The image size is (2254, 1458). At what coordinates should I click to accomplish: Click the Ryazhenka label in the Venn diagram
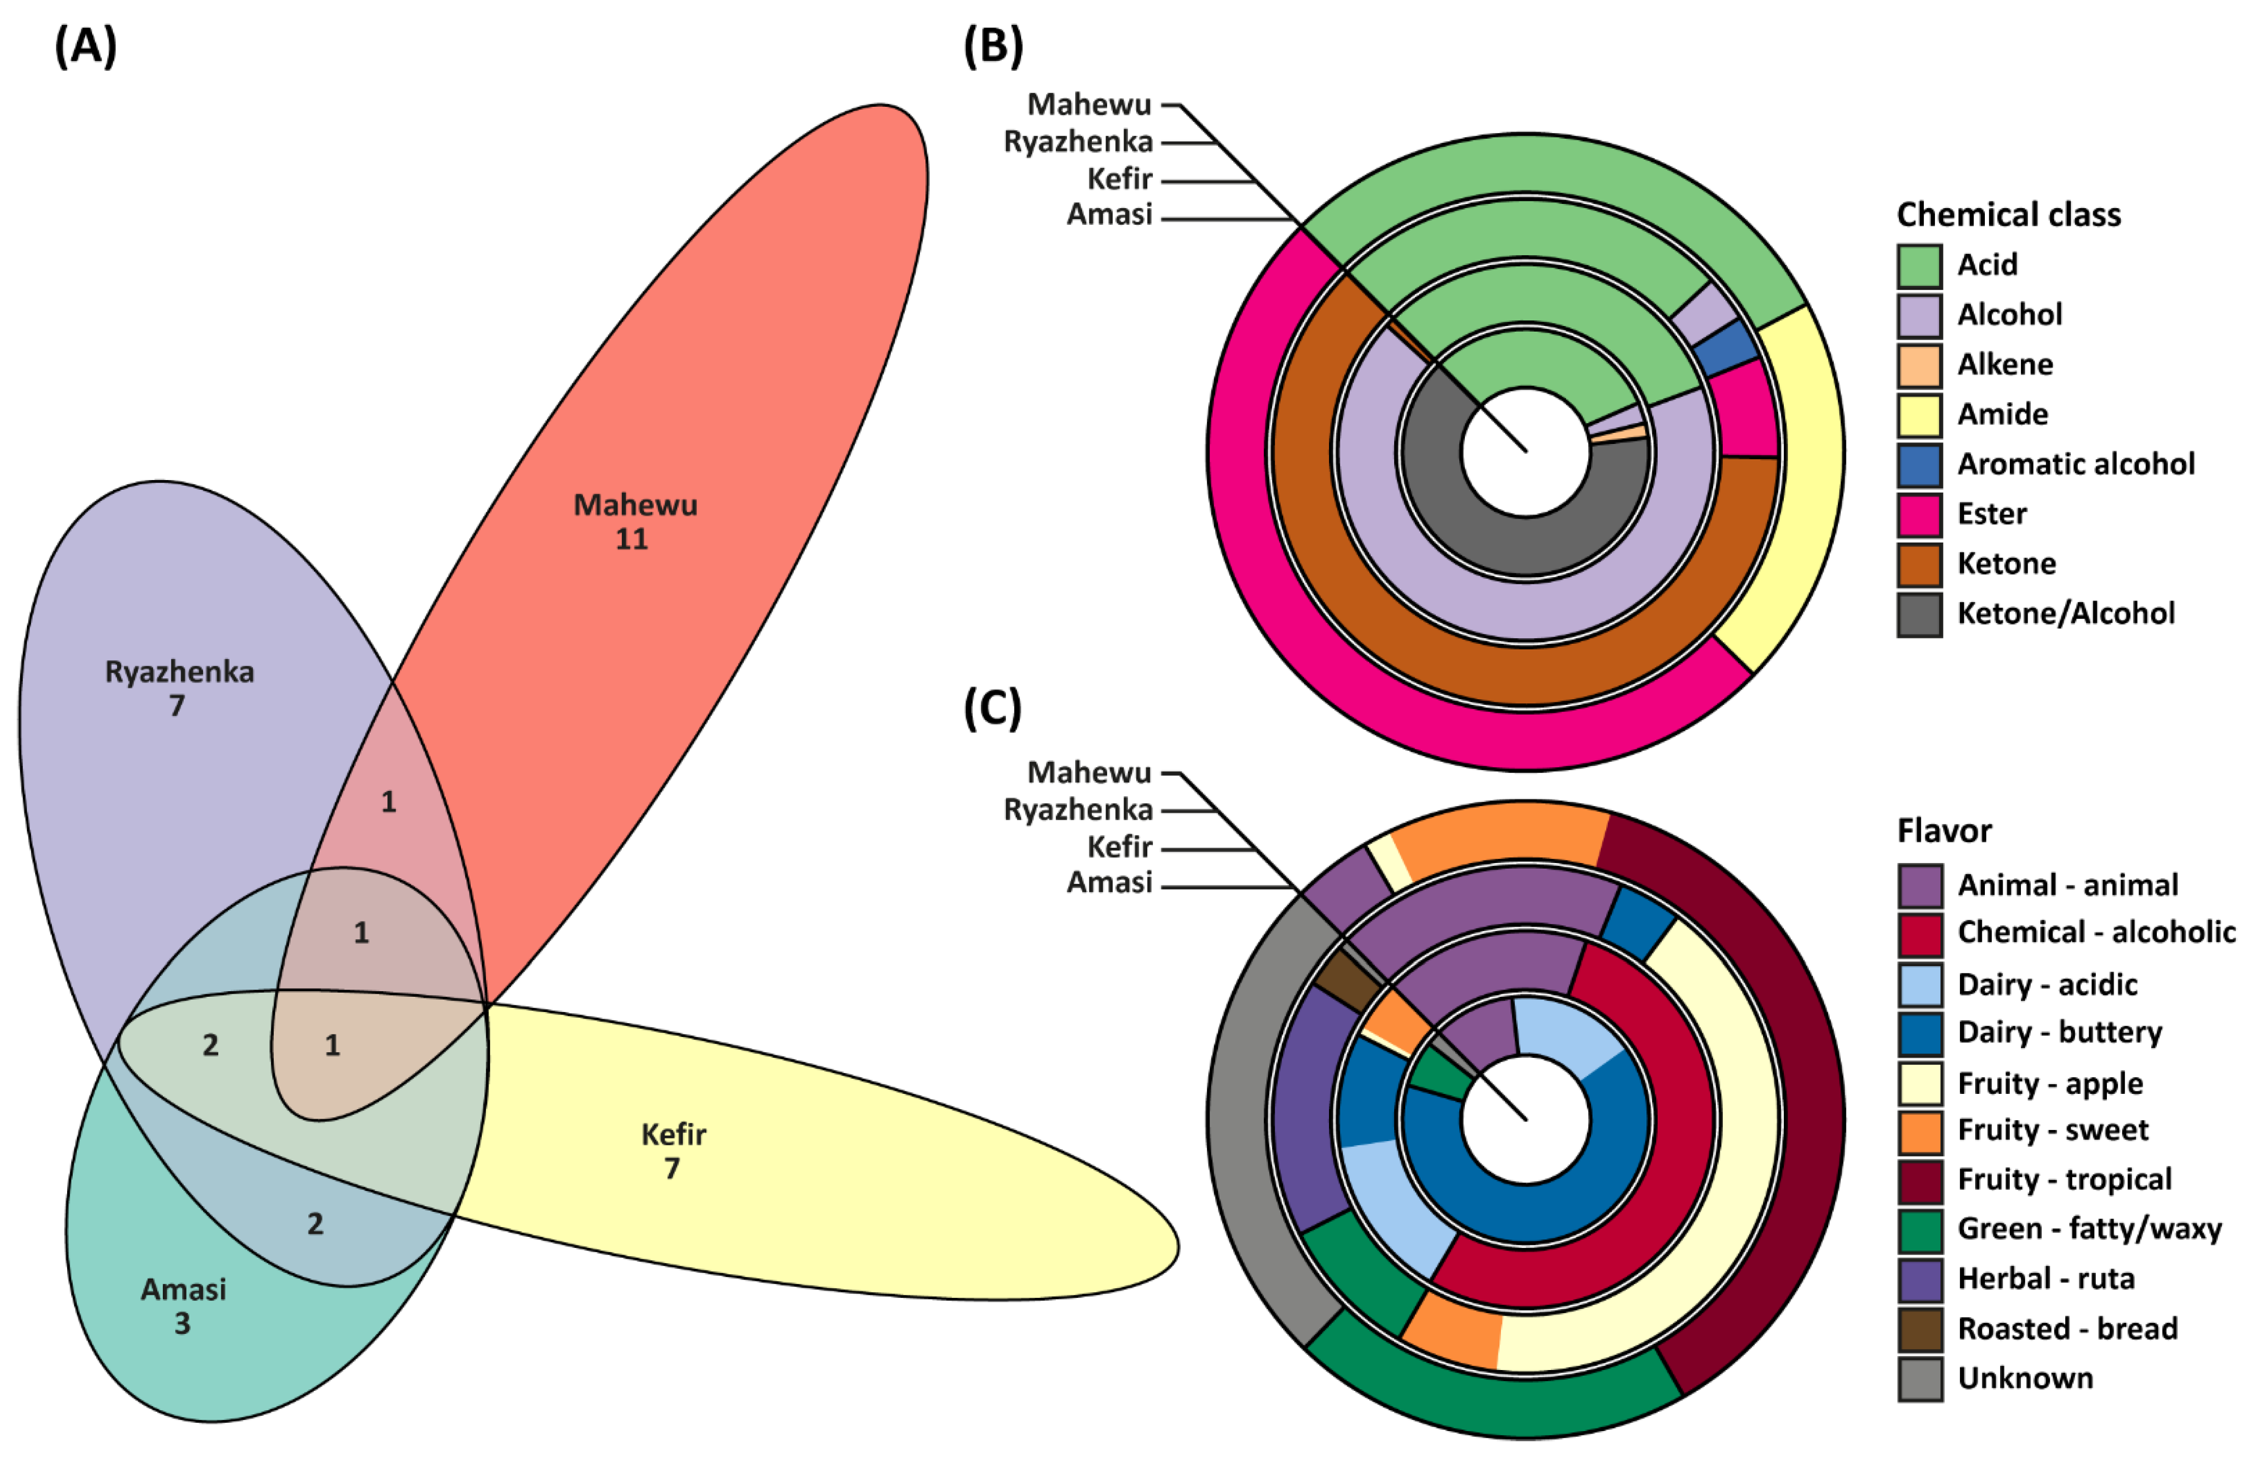point(179,672)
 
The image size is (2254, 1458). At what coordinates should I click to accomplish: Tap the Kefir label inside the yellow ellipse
point(673,1134)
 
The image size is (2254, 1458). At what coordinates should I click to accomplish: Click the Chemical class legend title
point(2008,215)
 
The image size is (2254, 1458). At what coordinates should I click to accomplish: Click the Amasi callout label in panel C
point(1109,882)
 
